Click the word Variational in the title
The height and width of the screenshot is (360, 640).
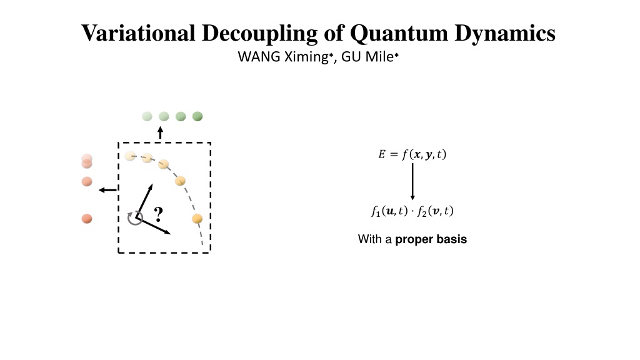138,32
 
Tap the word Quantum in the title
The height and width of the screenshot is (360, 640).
399,34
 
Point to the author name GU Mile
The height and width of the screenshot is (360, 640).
369,56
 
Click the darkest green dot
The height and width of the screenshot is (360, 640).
197,116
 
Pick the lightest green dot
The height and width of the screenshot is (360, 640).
147,116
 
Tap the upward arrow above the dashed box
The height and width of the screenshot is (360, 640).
161,132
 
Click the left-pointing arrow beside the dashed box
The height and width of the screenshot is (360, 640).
108,190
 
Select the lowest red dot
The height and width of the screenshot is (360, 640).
87,219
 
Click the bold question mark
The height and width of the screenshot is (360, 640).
159,214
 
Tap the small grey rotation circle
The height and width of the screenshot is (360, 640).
135,218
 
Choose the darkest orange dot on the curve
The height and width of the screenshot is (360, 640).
197,219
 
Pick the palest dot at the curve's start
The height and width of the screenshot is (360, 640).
130,156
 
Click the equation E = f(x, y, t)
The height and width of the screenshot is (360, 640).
412,154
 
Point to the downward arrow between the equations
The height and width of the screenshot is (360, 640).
412,182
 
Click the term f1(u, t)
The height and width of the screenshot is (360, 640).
390,211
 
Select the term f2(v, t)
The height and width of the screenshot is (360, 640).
435,211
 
